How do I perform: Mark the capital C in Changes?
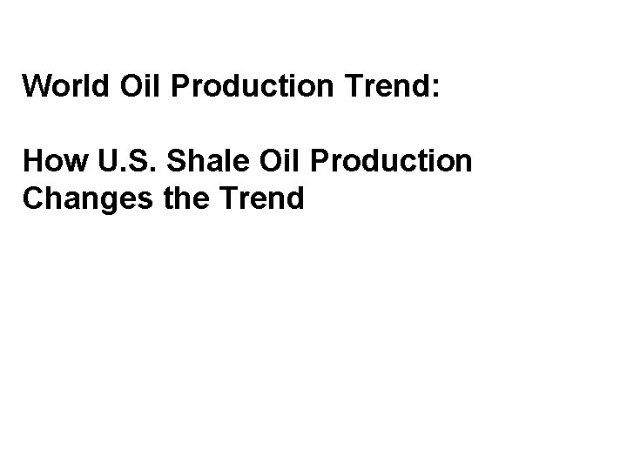[33, 199]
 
